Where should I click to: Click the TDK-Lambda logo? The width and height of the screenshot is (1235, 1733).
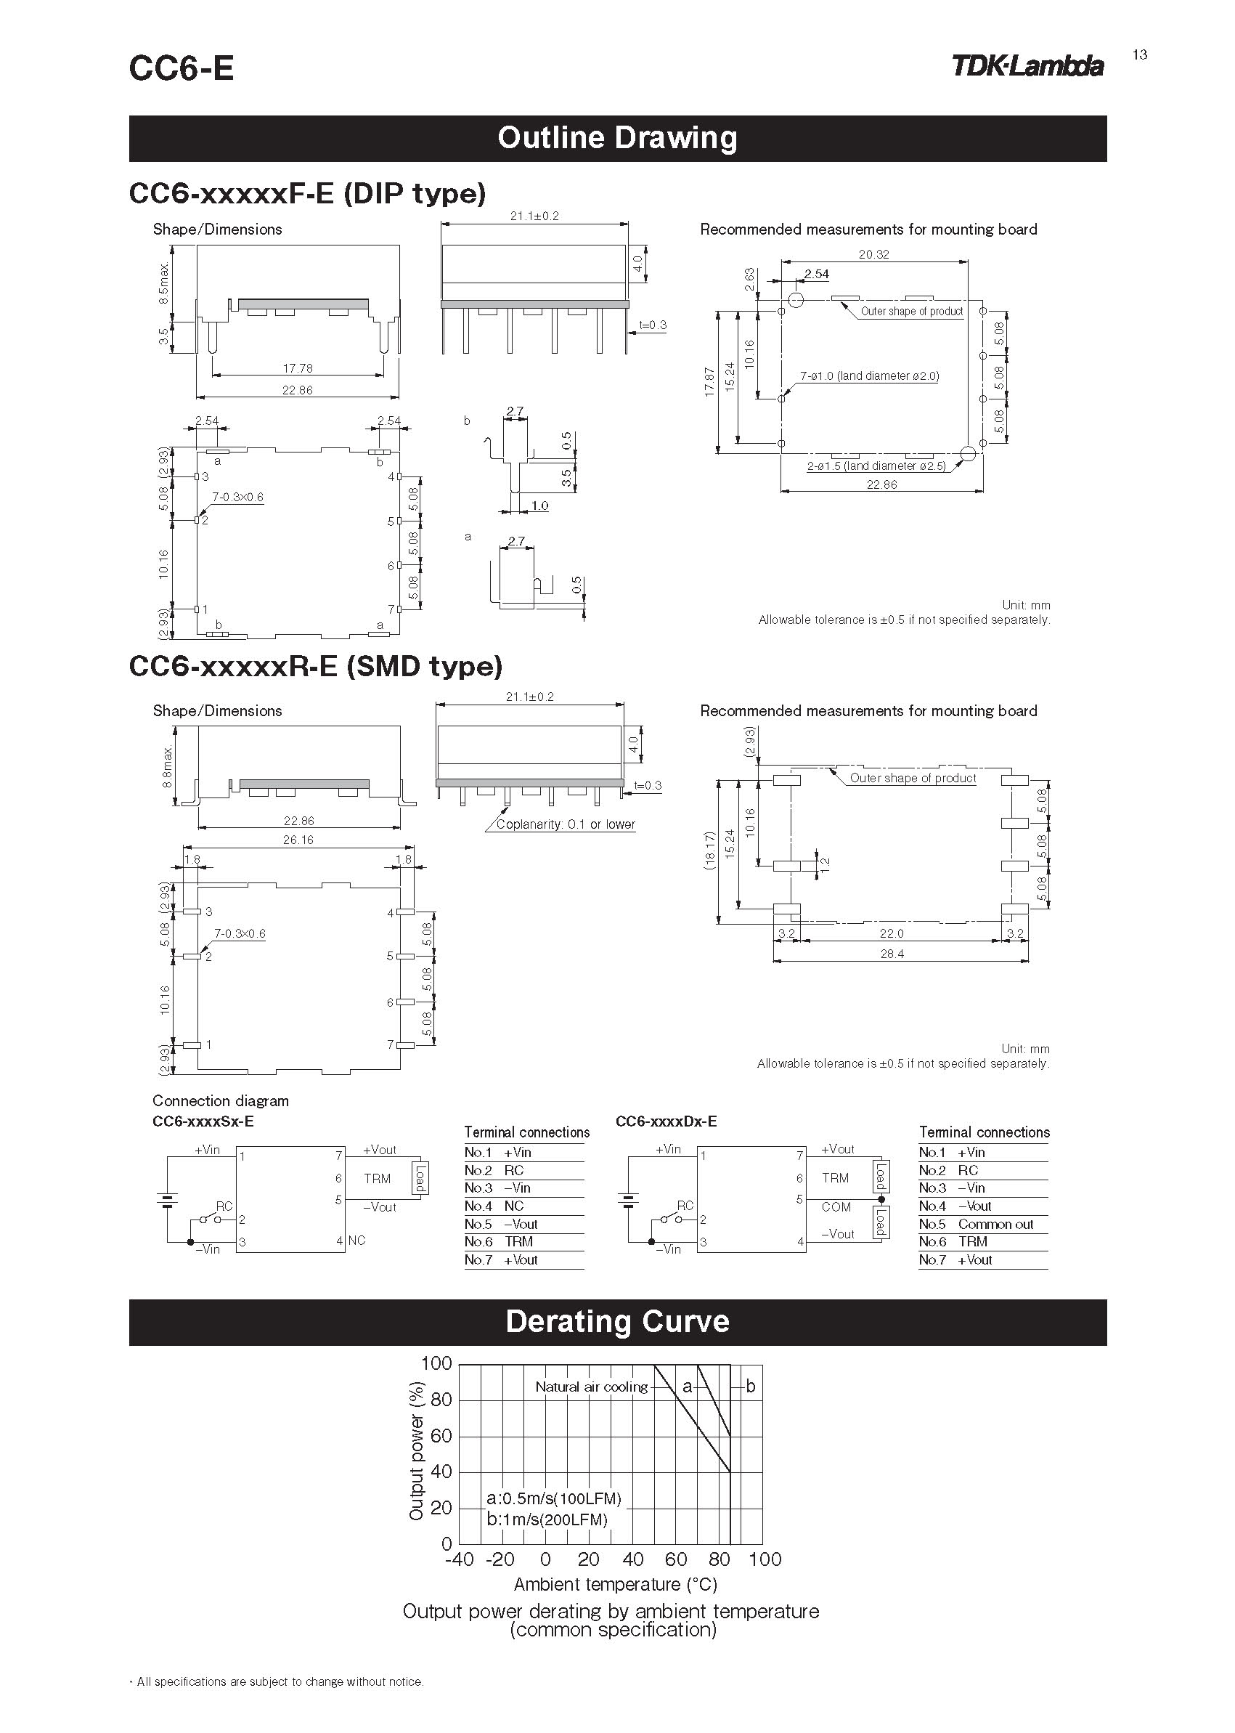pos(1027,67)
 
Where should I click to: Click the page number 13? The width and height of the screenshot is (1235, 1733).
pos(1139,54)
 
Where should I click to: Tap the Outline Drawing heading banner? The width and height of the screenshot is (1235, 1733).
pos(617,139)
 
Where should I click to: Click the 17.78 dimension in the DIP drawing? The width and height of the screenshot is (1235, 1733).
pos(298,368)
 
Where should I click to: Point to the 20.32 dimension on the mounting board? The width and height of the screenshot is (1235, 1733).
pos(873,254)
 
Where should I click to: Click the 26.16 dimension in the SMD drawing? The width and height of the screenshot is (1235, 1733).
pos(298,840)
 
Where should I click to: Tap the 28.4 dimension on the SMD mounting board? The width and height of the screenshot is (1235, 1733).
pos(892,954)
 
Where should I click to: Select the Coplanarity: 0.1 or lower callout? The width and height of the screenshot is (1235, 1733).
pos(566,824)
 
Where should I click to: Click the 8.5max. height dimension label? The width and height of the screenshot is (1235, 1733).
pos(164,283)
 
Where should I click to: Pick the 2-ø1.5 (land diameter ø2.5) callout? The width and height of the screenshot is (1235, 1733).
pos(876,466)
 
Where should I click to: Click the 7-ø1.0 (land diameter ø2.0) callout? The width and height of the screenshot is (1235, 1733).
pos(869,376)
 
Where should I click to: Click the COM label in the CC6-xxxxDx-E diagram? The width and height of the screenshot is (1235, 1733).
pos(836,1206)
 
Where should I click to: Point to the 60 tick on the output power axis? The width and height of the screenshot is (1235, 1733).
pos(441,1435)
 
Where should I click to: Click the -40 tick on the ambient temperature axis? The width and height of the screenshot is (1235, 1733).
pos(459,1559)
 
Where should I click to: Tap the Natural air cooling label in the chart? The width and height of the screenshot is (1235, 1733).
pos(592,1387)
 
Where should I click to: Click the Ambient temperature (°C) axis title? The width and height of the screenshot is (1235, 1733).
pos(615,1584)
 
